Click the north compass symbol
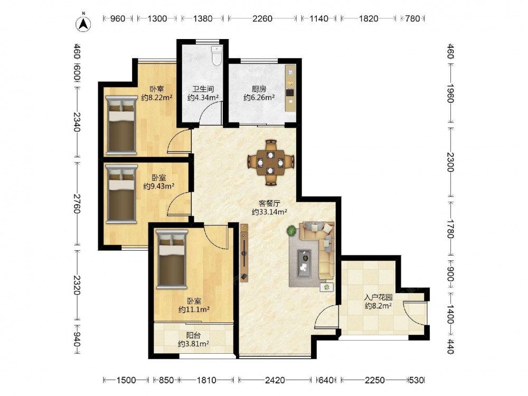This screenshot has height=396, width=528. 83,23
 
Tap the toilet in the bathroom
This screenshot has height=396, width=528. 216,55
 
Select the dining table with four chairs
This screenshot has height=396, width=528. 271,163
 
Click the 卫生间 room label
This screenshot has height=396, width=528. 203,89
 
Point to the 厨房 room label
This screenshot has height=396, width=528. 259,89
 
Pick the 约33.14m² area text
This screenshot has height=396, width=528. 269,212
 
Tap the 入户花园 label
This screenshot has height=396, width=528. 379,298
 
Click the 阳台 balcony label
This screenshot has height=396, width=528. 194,335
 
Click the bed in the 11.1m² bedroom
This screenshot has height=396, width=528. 172,259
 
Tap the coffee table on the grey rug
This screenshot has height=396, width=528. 305,263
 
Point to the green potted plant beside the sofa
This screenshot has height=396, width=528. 291,231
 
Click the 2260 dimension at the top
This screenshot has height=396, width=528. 262,18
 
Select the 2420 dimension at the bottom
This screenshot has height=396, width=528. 275,380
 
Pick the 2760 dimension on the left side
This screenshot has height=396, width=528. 77,204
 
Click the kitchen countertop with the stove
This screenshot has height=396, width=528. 290,88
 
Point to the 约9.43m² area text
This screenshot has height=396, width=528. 158,186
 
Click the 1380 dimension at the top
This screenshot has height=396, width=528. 203,18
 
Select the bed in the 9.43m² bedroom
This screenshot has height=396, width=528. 121,194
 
